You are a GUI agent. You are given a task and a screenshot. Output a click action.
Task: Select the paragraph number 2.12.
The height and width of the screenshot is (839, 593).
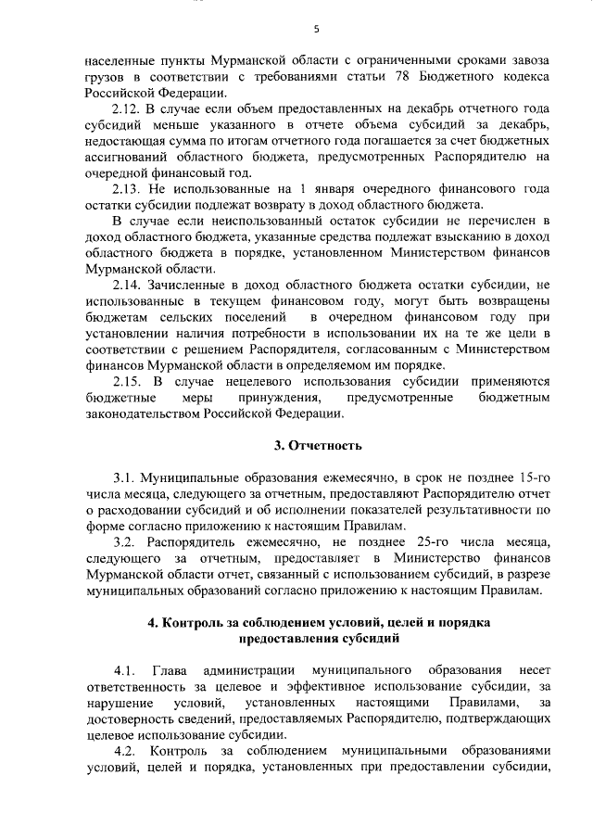127,109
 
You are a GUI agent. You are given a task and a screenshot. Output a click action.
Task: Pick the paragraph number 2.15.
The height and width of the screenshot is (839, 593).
127,381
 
